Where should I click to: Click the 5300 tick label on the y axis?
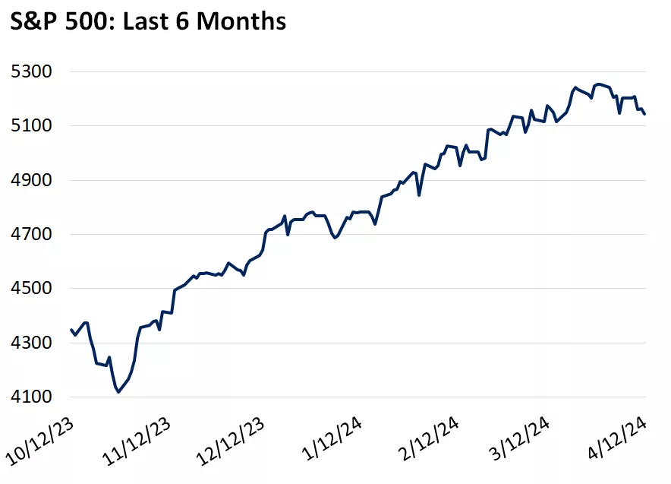tap(30, 72)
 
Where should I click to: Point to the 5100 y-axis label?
tap(30, 126)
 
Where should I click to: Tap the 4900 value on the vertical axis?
tap(30, 180)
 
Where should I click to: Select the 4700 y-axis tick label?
tap(30, 235)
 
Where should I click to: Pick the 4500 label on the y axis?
tap(30, 289)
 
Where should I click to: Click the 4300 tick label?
tap(30, 343)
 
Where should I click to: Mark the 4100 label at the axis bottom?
tap(30, 397)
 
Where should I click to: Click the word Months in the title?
tap(242, 21)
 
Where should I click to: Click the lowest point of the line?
tap(118, 392)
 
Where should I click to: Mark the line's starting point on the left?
tap(71, 330)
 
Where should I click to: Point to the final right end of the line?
tap(644, 114)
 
